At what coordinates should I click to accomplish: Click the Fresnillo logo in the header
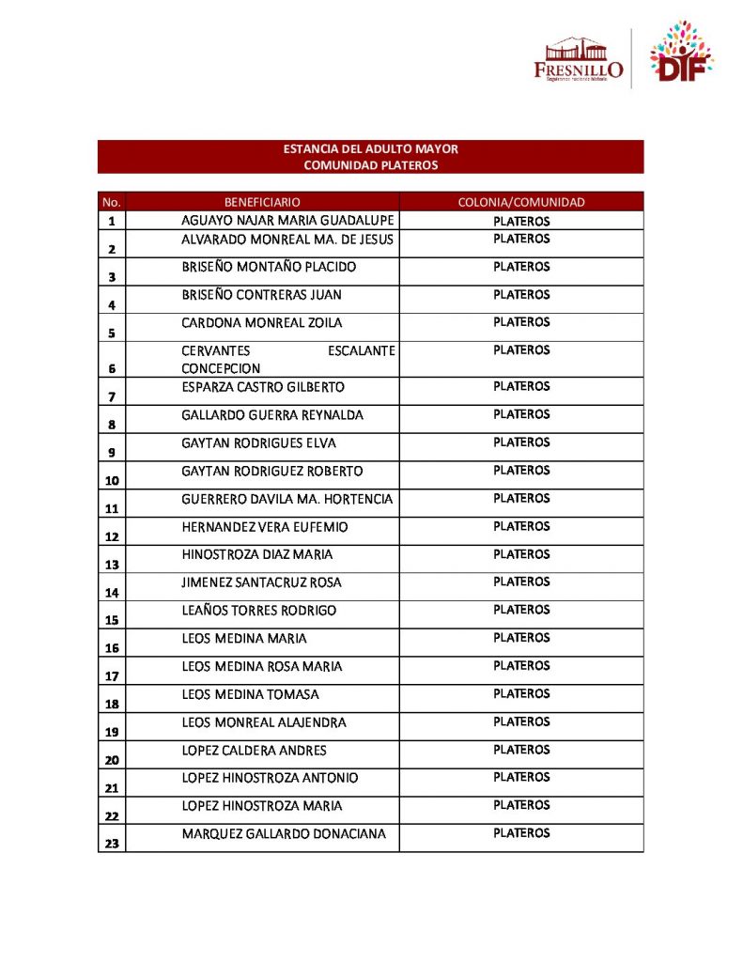coord(578,59)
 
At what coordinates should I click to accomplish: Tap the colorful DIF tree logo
coord(681,53)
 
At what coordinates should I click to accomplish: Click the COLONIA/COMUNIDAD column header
coord(521,202)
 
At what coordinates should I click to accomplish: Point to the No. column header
coord(111,202)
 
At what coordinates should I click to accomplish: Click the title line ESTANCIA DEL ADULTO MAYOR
coord(370,149)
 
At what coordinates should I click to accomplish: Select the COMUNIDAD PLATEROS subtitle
coord(370,165)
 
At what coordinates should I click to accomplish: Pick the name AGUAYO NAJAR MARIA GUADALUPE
coord(287,220)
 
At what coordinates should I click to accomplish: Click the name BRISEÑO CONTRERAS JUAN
coord(261,295)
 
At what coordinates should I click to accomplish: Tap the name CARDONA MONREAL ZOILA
coord(261,322)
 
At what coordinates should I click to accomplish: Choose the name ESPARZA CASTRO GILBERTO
coord(263,387)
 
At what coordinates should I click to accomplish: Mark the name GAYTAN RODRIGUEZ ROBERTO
coord(272,471)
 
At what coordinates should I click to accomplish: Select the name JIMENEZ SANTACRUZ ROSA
coord(261,582)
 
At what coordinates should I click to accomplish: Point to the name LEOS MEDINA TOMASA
coord(250,694)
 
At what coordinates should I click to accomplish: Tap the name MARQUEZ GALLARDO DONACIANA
coord(284,834)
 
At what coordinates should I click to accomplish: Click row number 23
coord(111,844)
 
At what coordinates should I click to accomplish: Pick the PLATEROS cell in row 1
coord(521,222)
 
